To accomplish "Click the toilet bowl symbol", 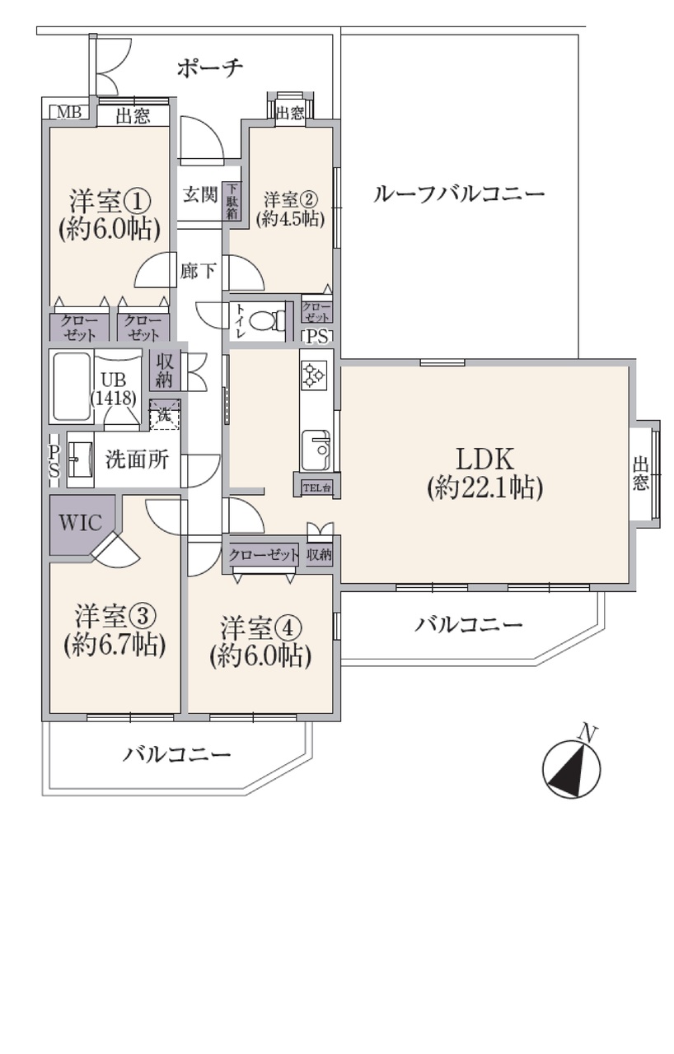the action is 267,322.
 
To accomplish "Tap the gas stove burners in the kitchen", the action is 314,375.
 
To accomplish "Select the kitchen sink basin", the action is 316,449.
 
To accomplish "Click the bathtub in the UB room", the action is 72,387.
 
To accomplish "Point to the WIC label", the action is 80,523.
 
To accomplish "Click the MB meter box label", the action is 69,112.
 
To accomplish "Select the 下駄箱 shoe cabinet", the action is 233,201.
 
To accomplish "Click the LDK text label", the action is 485,459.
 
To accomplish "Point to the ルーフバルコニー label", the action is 459,194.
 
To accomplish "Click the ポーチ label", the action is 210,68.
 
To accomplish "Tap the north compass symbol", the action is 572,769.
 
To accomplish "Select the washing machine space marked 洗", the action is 165,414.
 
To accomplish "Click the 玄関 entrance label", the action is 200,194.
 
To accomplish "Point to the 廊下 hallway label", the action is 198,271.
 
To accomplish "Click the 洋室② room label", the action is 291,199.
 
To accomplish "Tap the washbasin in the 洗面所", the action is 75,459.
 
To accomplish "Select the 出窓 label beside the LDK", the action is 640,473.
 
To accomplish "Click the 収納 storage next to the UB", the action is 165,370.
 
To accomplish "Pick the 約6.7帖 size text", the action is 115,644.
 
